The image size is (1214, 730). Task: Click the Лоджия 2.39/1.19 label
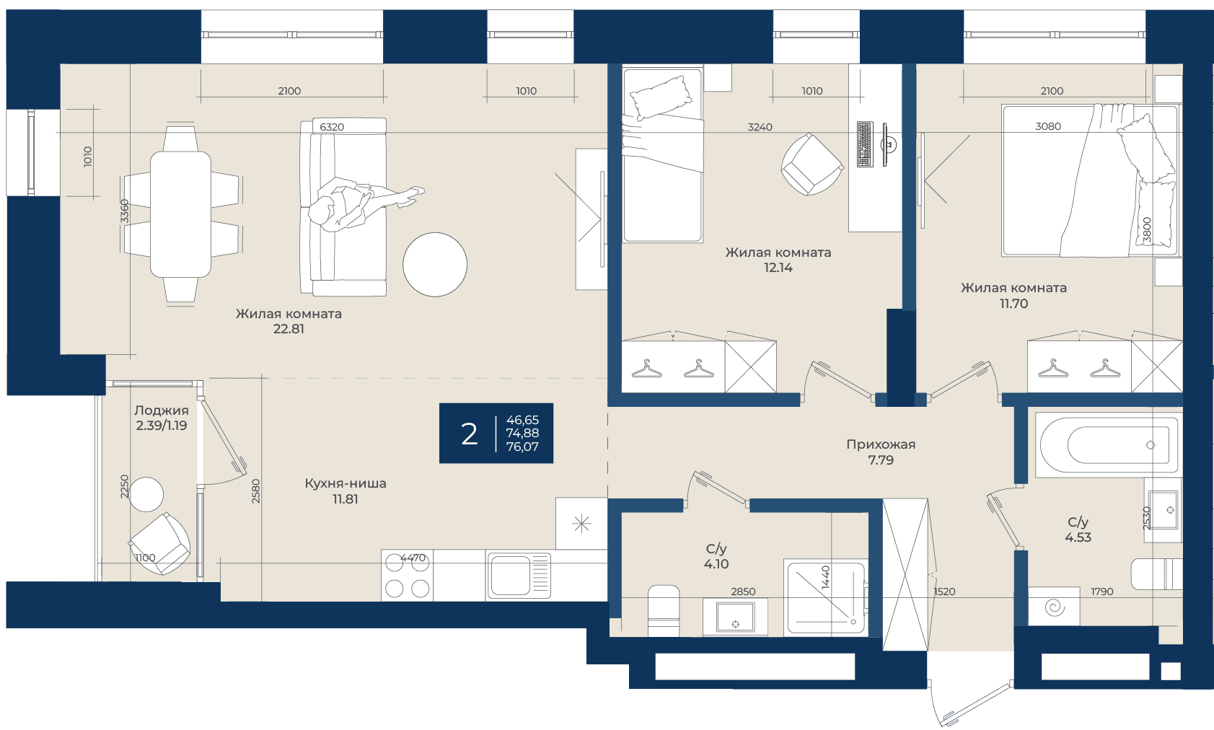(162, 418)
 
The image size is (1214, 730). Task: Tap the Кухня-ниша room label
(346, 483)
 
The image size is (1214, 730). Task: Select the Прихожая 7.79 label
(881, 452)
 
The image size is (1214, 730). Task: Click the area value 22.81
(289, 329)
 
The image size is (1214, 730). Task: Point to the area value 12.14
(778, 268)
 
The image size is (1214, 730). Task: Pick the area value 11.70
(1013, 304)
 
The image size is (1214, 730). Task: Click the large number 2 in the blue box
(470, 434)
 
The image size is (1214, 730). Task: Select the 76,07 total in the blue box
(522, 447)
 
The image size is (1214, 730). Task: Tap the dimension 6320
(332, 127)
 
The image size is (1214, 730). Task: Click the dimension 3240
(760, 127)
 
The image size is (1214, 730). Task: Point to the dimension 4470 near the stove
(413, 557)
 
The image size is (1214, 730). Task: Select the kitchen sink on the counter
(519, 576)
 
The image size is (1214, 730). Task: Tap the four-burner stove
(407, 576)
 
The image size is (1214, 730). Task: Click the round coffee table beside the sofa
(435, 265)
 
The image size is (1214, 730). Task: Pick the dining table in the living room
(180, 215)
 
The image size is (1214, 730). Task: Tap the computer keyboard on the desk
(865, 144)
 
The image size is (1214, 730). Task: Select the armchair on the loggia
(160, 543)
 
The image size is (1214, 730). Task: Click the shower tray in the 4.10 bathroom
(826, 597)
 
